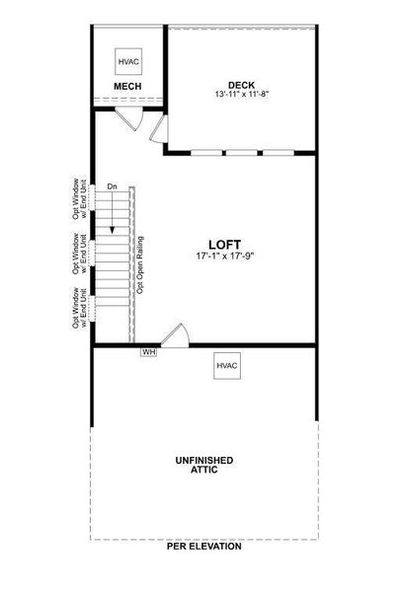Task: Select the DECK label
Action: tap(241, 84)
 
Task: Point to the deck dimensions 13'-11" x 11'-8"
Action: tap(241, 95)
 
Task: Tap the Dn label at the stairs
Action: tap(113, 186)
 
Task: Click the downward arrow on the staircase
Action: tap(113, 212)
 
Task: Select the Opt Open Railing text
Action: tap(141, 263)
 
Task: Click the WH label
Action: tap(149, 350)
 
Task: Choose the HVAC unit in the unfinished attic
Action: tap(225, 366)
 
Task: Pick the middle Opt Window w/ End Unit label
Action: tap(81, 253)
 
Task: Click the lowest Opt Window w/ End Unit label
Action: tap(81, 308)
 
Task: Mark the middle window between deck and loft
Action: tap(243, 152)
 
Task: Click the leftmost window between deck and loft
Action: tap(206, 152)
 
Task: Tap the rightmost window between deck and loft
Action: tap(280, 152)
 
